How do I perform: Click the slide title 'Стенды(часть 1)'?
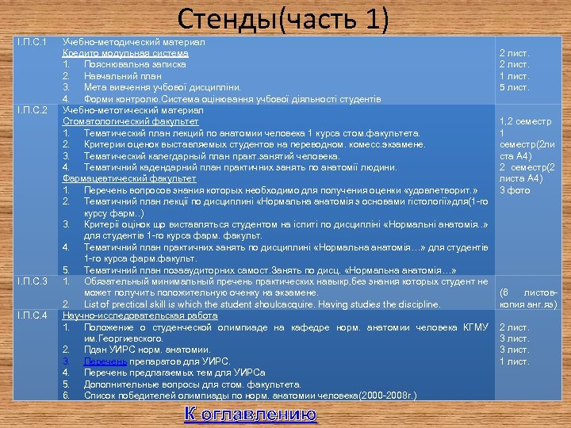[283, 17]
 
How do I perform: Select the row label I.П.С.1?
[33, 41]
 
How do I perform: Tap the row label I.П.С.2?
[33, 109]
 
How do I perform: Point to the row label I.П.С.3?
[33, 281]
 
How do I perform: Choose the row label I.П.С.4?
[33, 315]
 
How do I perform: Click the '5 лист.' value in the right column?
[514, 87]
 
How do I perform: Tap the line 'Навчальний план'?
[124, 75]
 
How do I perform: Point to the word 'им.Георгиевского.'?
[122, 338]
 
